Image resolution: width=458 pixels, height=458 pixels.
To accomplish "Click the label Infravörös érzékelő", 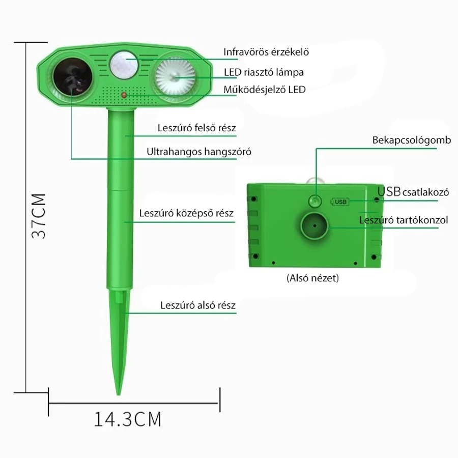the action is (266, 52).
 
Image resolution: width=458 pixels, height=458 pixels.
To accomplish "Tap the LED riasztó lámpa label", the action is (264, 72).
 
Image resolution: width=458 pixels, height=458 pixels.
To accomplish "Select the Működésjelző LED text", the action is (265, 90).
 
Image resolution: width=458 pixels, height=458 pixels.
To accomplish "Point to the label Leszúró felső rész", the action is (196, 128).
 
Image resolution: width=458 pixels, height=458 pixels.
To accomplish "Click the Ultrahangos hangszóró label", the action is (199, 152).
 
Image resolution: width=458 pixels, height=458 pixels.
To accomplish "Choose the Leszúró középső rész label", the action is (186, 213).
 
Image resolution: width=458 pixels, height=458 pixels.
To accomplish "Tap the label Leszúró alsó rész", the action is (198, 305).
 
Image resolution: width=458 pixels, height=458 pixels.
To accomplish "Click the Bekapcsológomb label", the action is (412, 140).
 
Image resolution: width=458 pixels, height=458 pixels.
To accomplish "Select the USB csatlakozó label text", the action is (413, 192).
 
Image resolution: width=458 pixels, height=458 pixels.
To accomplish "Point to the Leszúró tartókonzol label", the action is (404, 220).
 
